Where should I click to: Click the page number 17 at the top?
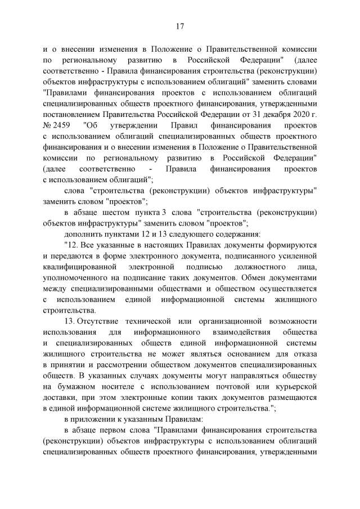(180, 26)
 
